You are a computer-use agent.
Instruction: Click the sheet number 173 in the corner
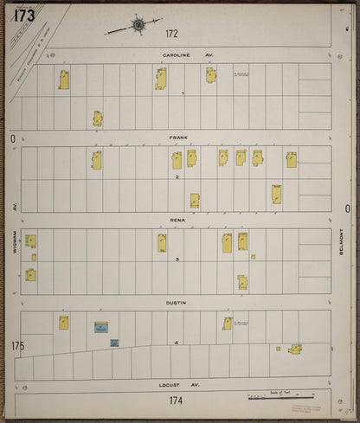[x=24, y=15]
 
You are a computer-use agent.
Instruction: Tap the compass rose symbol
[x=138, y=26]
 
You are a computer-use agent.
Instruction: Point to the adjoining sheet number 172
[x=172, y=34]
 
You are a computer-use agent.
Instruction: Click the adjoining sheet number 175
[x=17, y=346]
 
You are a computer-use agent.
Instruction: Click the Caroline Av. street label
[x=187, y=54]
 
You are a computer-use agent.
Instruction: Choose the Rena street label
[x=177, y=220]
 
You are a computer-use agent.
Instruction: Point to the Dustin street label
[x=177, y=303]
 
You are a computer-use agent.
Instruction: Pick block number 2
[x=177, y=177]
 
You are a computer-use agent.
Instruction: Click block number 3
[x=177, y=260]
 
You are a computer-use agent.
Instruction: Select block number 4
[x=177, y=343]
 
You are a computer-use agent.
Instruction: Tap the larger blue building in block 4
[x=101, y=328]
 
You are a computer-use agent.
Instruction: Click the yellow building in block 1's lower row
[x=98, y=119]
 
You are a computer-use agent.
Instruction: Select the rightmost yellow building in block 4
[x=295, y=348]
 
